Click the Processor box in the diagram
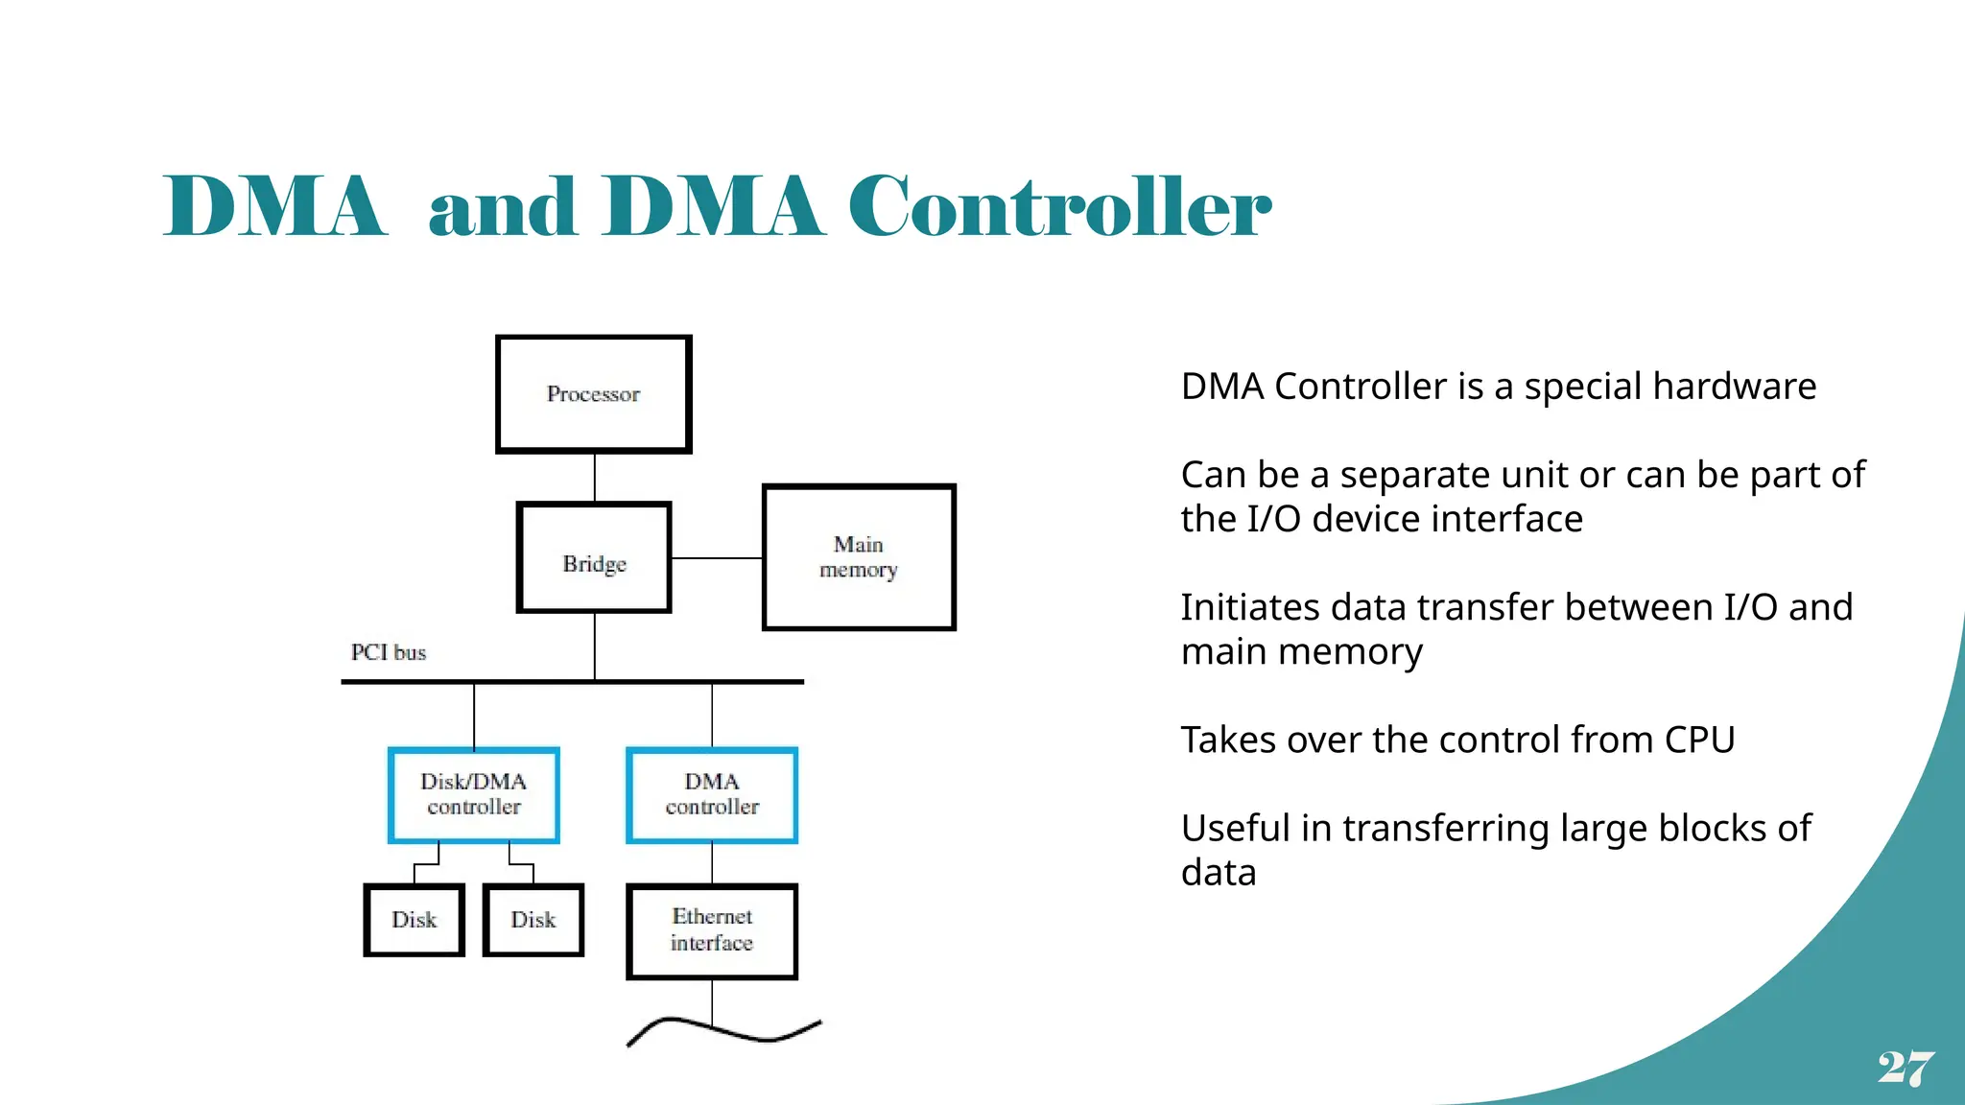click(594, 394)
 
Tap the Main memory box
click(859, 557)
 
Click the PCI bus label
click(389, 653)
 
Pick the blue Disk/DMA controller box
click(474, 795)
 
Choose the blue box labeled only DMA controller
click(712, 795)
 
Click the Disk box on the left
click(414, 920)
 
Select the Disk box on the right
click(533, 920)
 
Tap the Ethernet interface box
click(712, 930)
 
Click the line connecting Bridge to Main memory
click(716, 558)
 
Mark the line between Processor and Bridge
click(595, 477)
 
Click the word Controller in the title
click(1059, 207)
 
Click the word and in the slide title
click(502, 207)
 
